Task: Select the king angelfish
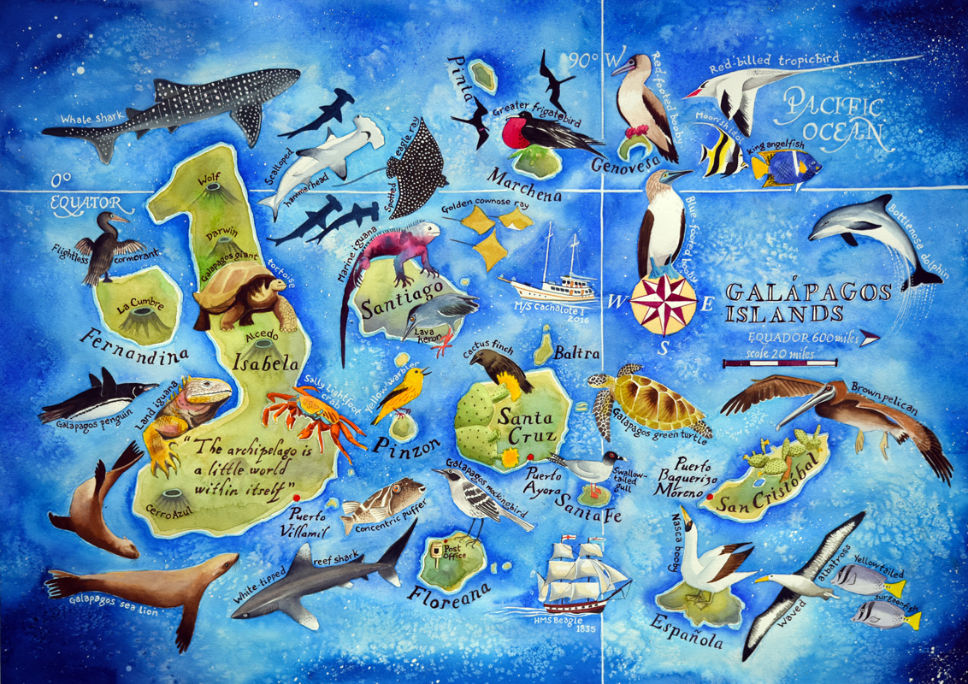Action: tap(786, 164)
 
